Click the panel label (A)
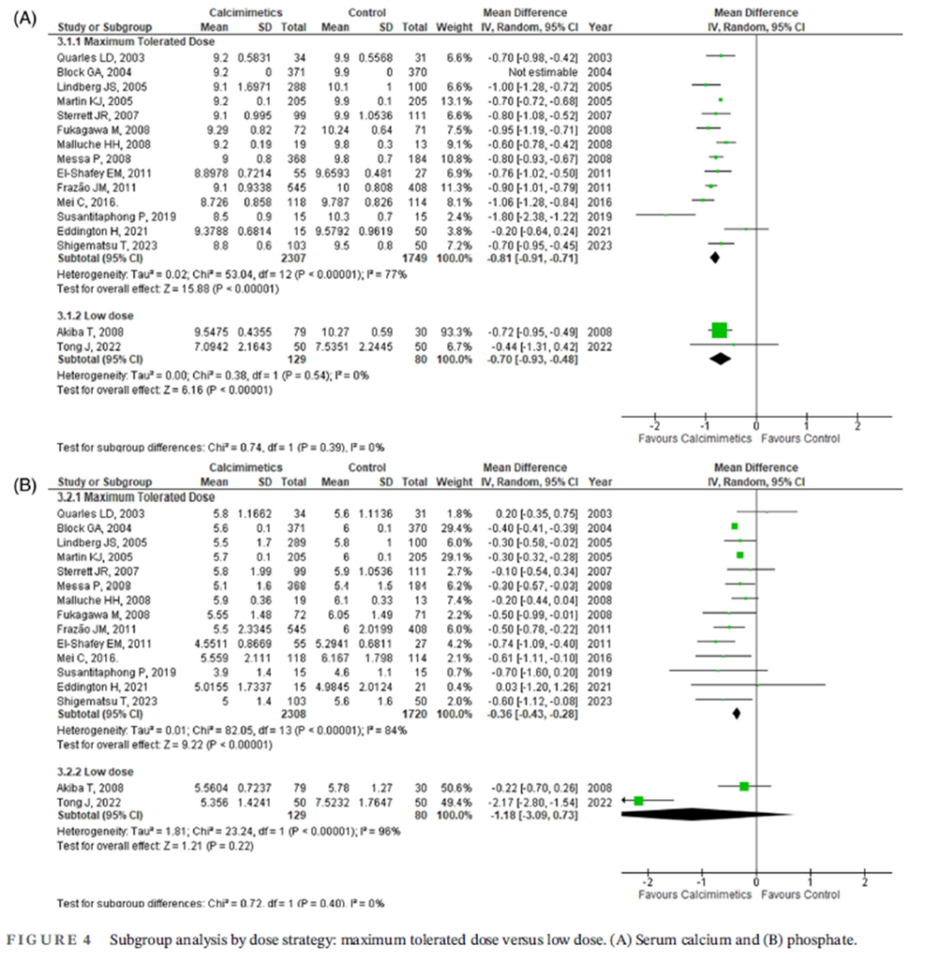click(x=22, y=18)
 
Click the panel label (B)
click(x=22, y=486)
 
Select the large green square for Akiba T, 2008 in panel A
click(x=719, y=329)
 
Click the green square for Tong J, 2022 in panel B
click(x=639, y=801)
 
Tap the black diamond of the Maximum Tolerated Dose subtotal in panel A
click(x=715, y=256)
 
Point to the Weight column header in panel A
click(x=457, y=26)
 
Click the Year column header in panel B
click(x=599, y=481)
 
